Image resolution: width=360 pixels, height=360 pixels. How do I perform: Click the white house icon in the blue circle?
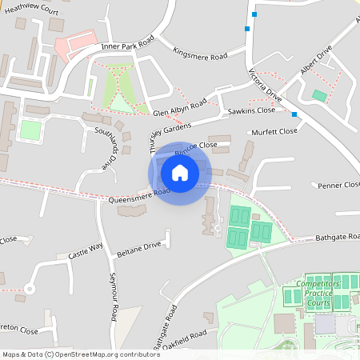[180, 172]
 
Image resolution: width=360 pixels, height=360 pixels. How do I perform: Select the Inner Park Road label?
[127, 45]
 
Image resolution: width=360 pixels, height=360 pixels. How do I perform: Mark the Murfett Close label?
[274, 131]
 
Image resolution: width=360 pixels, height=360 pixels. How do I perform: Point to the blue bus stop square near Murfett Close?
[295, 114]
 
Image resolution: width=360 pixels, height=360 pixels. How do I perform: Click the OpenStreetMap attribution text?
[70, 354]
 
